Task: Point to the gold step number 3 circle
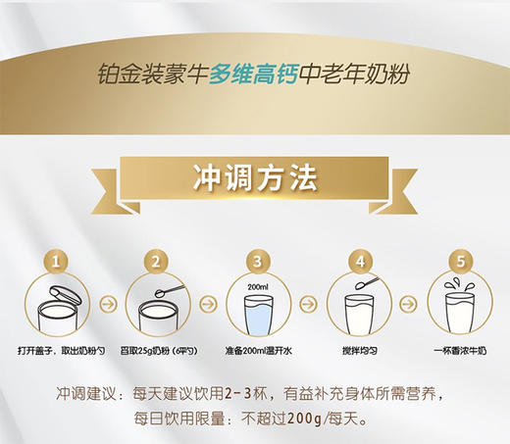click(x=257, y=262)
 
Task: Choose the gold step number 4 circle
click(x=359, y=262)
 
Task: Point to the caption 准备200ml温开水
click(x=257, y=350)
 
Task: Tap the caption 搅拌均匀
click(x=359, y=350)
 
